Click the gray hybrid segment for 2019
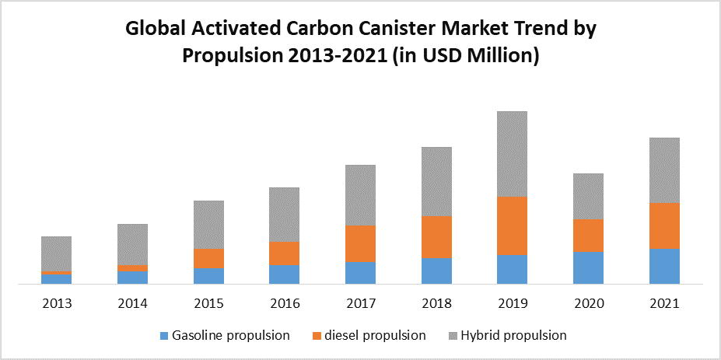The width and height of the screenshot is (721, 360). (x=513, y=154)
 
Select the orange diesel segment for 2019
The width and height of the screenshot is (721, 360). (x=513, y=225)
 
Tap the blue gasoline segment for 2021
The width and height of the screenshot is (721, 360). (x=664, y=266)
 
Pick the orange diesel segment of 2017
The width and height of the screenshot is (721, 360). (x=360, y=243)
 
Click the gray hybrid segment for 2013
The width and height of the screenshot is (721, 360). (x=56, y=253)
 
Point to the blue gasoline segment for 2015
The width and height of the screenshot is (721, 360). (x=208, y=276)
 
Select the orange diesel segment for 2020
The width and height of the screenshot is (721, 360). (x=588, y=235)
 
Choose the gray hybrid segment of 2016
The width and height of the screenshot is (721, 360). (x=284, y=215)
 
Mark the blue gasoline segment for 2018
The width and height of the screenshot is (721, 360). (x=436, y=271)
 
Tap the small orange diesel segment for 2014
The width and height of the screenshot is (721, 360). (x=132, y=268)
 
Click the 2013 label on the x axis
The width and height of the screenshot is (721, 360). (x=56, y=303)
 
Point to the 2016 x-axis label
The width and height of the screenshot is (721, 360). (x=284, y=303)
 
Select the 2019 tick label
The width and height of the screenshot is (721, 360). (x=513, y=303)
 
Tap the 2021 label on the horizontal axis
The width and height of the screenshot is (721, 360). (x=664, y=303)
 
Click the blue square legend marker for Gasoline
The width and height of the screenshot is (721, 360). (x=163, y=336)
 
